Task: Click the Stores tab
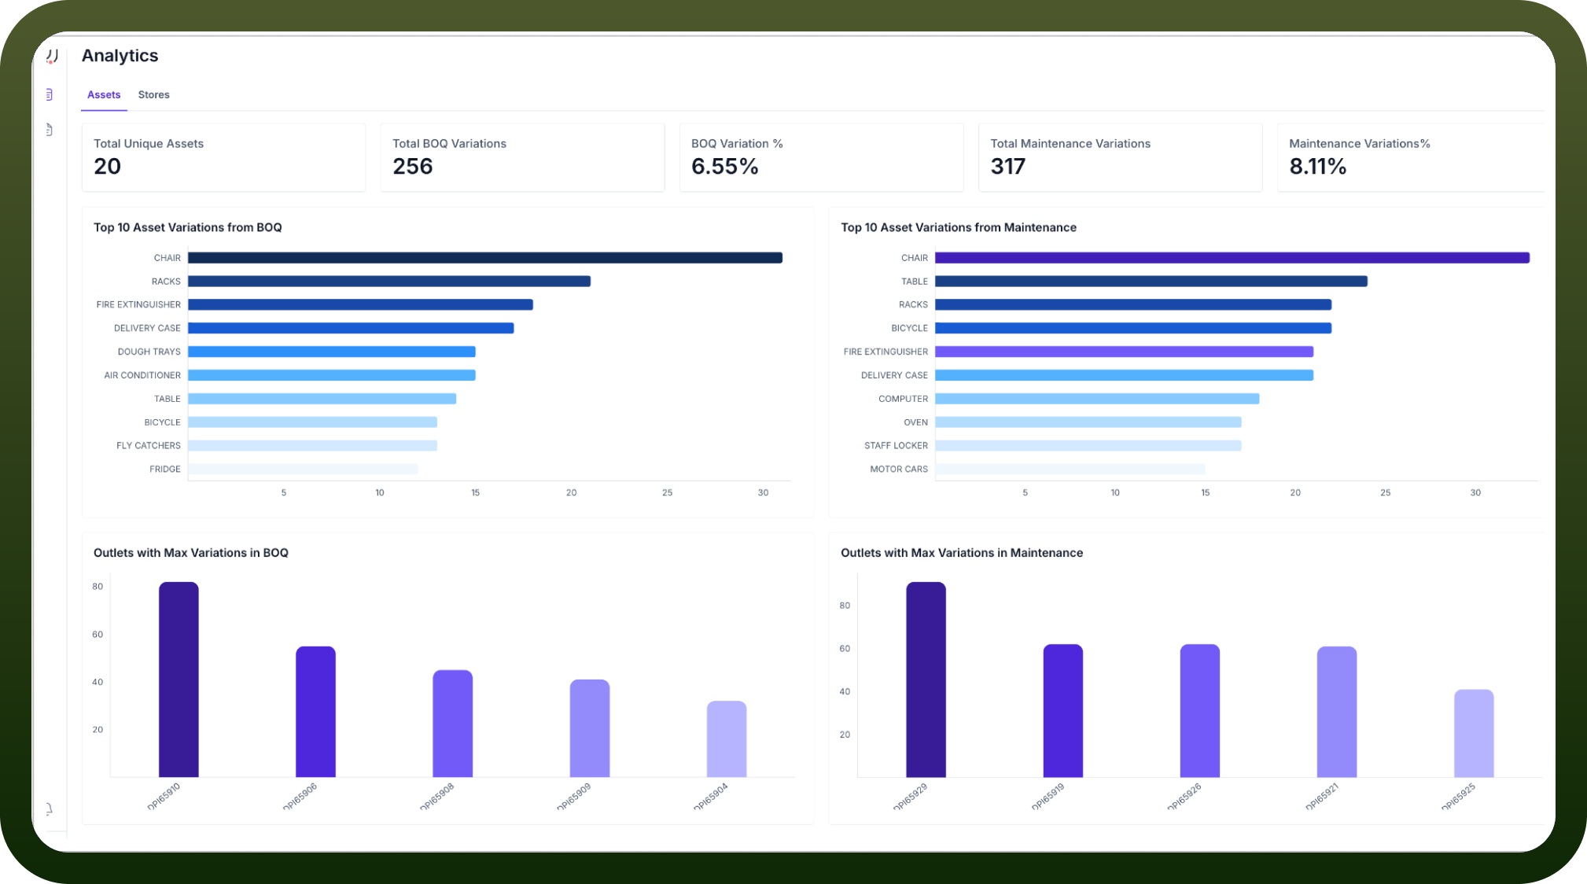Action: coord(153,94)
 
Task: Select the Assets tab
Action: coord(104,94)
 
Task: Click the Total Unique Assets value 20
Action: coord(108,167)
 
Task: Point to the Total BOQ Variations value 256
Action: coord(413,167)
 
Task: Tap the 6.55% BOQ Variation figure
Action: coord(725,167)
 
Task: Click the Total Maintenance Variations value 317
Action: coord(1008,167)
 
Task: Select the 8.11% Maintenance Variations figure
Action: coord(1318,167)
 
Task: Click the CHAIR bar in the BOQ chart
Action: coord(485,258)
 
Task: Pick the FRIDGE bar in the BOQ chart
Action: coord(303,469)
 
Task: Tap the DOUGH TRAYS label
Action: coord(149,352)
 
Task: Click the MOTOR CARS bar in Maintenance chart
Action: coord(1070,469)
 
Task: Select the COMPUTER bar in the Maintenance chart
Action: coord(1097,399)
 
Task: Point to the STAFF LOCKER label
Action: coord(896,446)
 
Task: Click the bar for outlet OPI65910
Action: coord(179,680)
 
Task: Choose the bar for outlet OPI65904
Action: coord(727,739)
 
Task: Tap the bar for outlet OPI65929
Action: coord(926,680)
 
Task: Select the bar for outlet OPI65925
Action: coord(1474,733)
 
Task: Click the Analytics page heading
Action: coord(120,56)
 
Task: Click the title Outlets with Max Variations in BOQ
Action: coord(191,553)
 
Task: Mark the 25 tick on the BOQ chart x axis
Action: coord(667,492)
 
